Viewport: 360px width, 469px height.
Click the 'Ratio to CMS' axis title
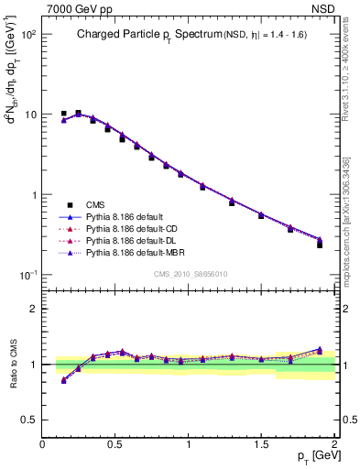[15, 365]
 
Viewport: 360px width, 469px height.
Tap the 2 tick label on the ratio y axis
[33, 309]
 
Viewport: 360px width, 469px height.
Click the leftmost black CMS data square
[63, 114]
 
